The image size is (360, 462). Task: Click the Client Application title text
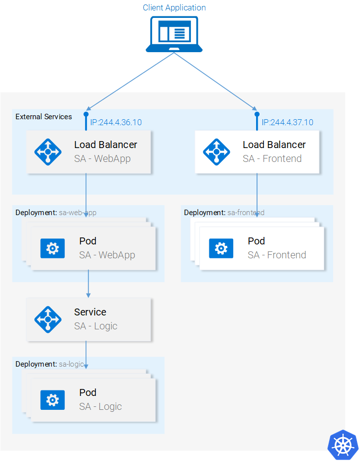(174, 7)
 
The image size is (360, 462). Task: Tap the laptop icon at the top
(174, 34)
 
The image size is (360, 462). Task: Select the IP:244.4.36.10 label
(115, 122)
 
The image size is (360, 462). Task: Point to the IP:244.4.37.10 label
(287, 122)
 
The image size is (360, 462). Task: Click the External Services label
(44, 117)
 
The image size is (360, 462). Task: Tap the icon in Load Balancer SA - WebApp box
(48, 151)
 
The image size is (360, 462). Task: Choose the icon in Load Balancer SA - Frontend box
(217, 151)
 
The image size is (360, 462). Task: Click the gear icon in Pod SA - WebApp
(52, 248)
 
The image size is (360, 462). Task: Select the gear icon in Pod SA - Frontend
(221, 248)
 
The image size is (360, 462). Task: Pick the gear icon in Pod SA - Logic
(52, 399)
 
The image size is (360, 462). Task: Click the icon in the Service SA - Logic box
(48, 319)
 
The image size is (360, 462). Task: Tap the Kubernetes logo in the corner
(343, 444)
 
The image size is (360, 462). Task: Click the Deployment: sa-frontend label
(224, 213)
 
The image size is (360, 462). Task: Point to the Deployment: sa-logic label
(49, 364)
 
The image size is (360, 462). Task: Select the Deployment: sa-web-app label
(56, 213)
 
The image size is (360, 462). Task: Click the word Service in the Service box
(90, 312)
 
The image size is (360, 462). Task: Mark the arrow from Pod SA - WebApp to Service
(89, 283)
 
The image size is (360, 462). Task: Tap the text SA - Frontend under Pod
(276, 255)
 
